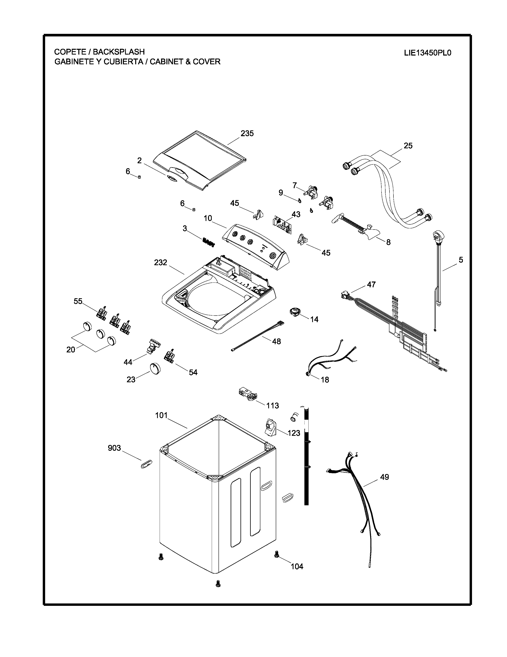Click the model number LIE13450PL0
click(x=427, y=53)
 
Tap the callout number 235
click(x=247, y=133)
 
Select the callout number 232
click(x=160, y=263)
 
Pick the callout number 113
click(x=272, y=406)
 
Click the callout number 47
click(x=371, y=284)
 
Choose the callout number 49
click(x=385, y=477)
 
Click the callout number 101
click(x=161, y=416)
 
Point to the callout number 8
click(x=388, y=242)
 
